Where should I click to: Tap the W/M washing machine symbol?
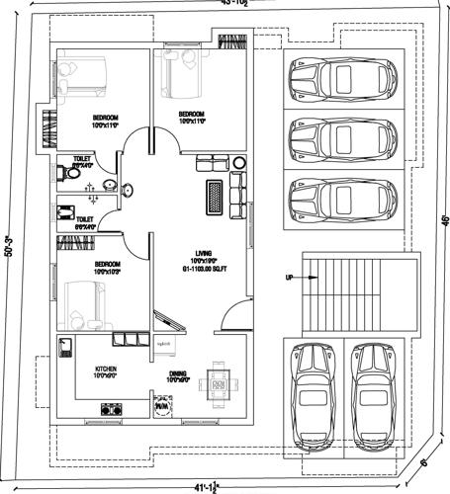pos(161,406)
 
